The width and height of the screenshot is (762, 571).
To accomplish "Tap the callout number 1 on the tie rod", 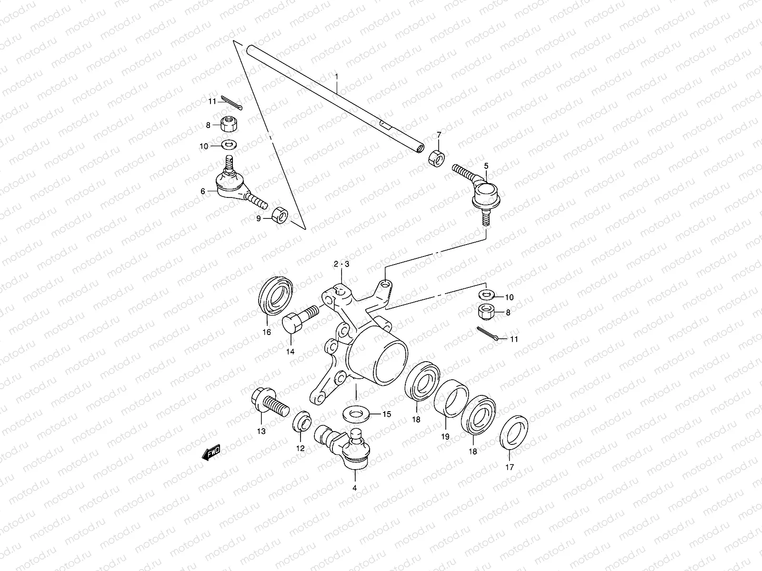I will tap(336, 76).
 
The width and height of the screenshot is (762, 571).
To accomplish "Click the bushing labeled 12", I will tap(301, 421).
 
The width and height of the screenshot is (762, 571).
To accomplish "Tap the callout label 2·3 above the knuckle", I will tap(341, 264).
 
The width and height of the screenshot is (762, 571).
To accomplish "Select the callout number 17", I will tap(510, 467).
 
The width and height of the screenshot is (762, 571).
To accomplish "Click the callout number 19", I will tap(445, 435).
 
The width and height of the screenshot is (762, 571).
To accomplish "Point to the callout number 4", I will tap(354, 488).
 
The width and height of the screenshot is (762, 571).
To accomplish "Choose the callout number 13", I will tap(261, 431).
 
